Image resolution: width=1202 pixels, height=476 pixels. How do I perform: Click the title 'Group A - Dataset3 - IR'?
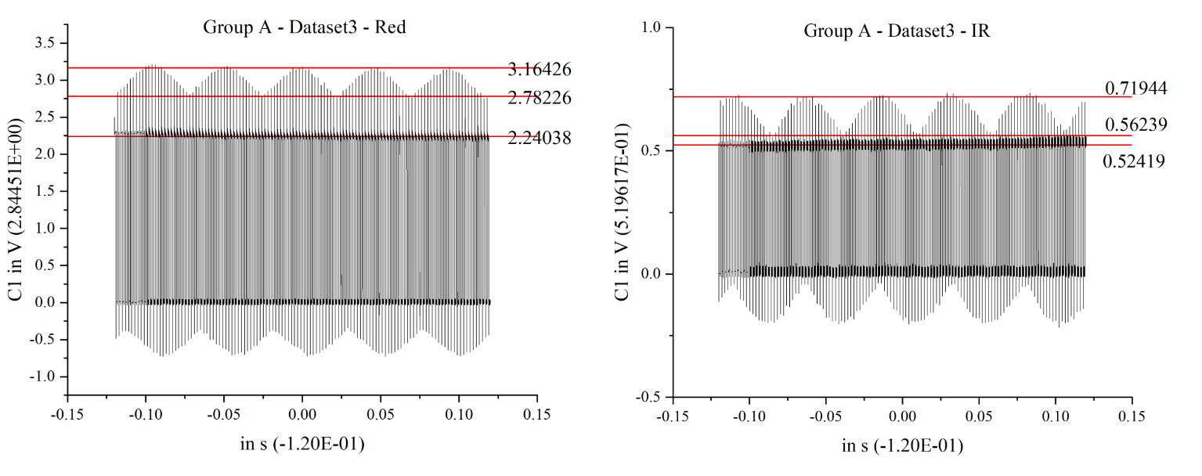[x=897, y=31]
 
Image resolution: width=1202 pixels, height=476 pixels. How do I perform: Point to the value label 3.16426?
[x=540, y=70]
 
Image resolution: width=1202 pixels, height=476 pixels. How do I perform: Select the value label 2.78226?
[x=540, y=99]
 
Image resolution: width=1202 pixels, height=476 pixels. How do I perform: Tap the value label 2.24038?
[x=540, y=139]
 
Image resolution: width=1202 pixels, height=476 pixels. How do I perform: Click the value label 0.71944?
[x=1136, y=88]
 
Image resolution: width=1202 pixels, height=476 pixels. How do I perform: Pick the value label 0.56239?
[x=1136, y=124]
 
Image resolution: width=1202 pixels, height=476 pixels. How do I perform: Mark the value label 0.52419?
[x=1134, y=161]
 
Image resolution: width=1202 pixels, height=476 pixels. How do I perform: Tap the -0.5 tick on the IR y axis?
[x=648, y=397]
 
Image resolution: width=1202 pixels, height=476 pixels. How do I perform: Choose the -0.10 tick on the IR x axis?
[x=749, y=414]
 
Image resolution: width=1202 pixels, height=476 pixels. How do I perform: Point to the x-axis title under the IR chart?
[x=902, y=446]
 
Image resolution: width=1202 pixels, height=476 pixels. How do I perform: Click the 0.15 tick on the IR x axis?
[x=1132, y=414]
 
